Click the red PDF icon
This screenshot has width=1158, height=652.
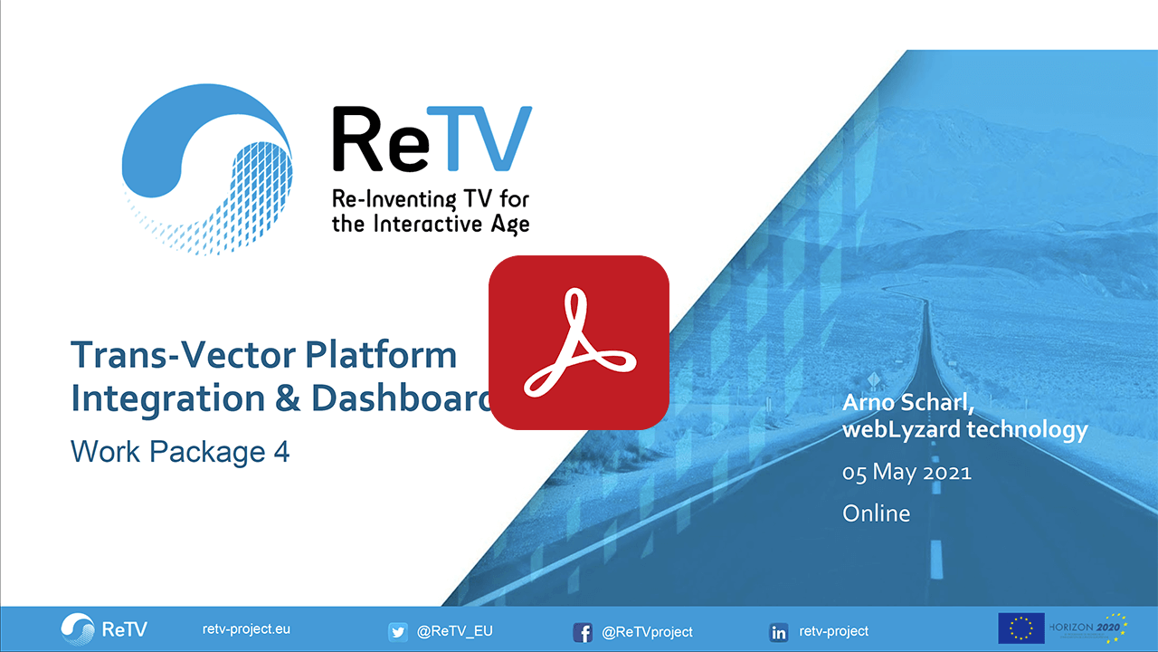pyautogui.click(x=578, y=342)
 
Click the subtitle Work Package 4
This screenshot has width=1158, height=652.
pyautogui.click(x=180, y=451)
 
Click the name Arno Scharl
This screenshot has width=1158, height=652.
pyautogui.click(x=907, y=403)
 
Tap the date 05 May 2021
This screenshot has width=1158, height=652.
pyautogui.click(x=906, y=473)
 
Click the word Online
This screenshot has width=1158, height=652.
pyautogui.click(x=876, y=513)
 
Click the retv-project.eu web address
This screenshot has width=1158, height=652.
pyautogui.click(x=246, y=629)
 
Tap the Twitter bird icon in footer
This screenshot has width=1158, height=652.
pyautogui.click(x=398, y=631)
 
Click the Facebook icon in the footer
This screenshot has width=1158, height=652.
pyautogui.click(x=584, y=632)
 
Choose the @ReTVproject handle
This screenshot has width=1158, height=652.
pyautogui.click(x=647, y=631)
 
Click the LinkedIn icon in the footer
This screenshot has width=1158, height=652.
pyautogui.click(x=778, y=632)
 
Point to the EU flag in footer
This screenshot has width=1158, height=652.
pyautogui.click(x=1020, y=628)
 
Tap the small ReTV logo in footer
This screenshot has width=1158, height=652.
pyautogui.click(x=104, y=628)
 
